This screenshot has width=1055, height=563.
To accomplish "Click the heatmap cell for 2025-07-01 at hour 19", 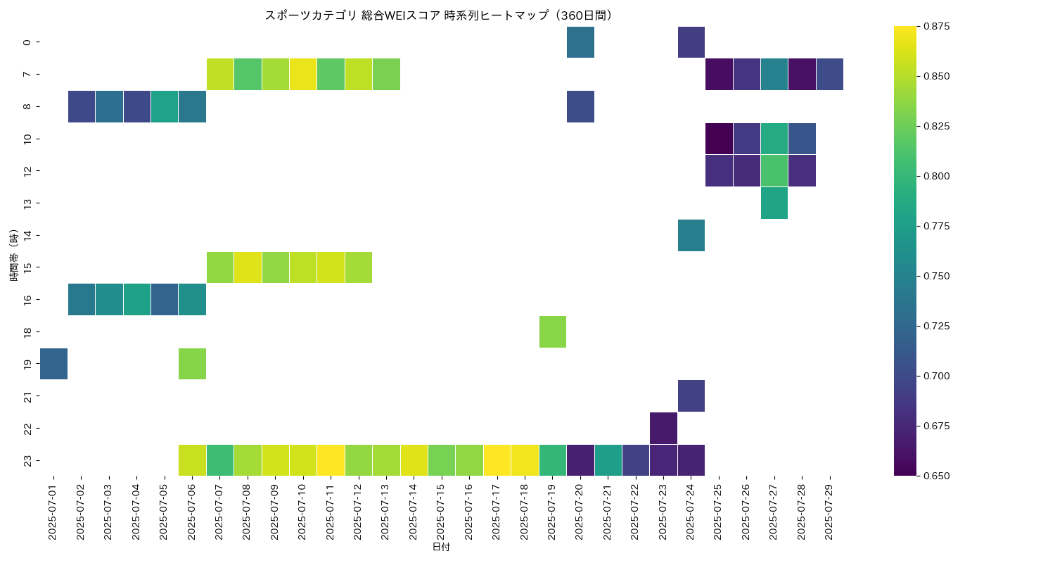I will (53, 364).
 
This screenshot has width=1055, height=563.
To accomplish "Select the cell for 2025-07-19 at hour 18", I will (553, 331).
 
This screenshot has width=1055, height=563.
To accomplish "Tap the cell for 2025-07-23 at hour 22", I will (663, 428).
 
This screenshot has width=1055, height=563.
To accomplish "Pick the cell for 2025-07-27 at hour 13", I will (774, 203).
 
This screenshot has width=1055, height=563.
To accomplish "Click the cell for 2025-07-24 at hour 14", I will (691, 235).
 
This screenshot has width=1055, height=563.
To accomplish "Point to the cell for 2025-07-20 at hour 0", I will (580, 42).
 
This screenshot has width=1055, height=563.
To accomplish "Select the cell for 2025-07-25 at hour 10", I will (719, 139).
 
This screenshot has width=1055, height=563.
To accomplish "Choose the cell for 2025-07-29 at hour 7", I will (829, 74).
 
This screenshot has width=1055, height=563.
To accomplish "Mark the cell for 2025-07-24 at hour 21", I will (691, 396).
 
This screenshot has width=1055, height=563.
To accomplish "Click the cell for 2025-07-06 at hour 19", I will (192, 364).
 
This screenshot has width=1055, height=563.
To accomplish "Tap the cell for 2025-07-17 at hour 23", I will (497, 460).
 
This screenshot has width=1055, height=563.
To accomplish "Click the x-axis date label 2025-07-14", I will (414, 512).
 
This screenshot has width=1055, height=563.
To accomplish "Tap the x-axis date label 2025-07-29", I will (829, 512).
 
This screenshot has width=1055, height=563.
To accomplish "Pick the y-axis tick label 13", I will (27, 203).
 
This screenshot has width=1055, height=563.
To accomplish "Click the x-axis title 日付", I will (441, 548).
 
